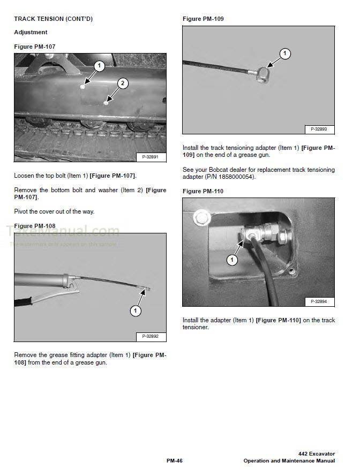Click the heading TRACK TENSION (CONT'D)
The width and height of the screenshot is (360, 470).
coord(53,19)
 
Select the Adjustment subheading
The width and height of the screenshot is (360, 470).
coord(31,33)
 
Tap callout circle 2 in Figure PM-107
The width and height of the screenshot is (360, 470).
coord(123,83)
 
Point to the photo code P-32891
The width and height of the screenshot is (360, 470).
coord(152,157)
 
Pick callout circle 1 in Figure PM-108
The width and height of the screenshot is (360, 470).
coord(136,310)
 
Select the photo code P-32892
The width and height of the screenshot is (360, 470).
coord(152,337)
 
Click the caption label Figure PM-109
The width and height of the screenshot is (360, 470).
coord(203,19)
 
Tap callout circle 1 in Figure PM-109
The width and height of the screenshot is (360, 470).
coord(286,54)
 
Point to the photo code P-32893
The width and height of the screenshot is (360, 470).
coord(319,129)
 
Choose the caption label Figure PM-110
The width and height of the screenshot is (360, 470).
coord(203,191)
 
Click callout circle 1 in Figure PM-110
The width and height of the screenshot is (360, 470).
coord(232,260)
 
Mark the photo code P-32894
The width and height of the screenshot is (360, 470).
coord(319,302)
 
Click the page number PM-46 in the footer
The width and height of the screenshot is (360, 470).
coord(175,460)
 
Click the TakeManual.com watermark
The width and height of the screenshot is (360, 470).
coord(63,231)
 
